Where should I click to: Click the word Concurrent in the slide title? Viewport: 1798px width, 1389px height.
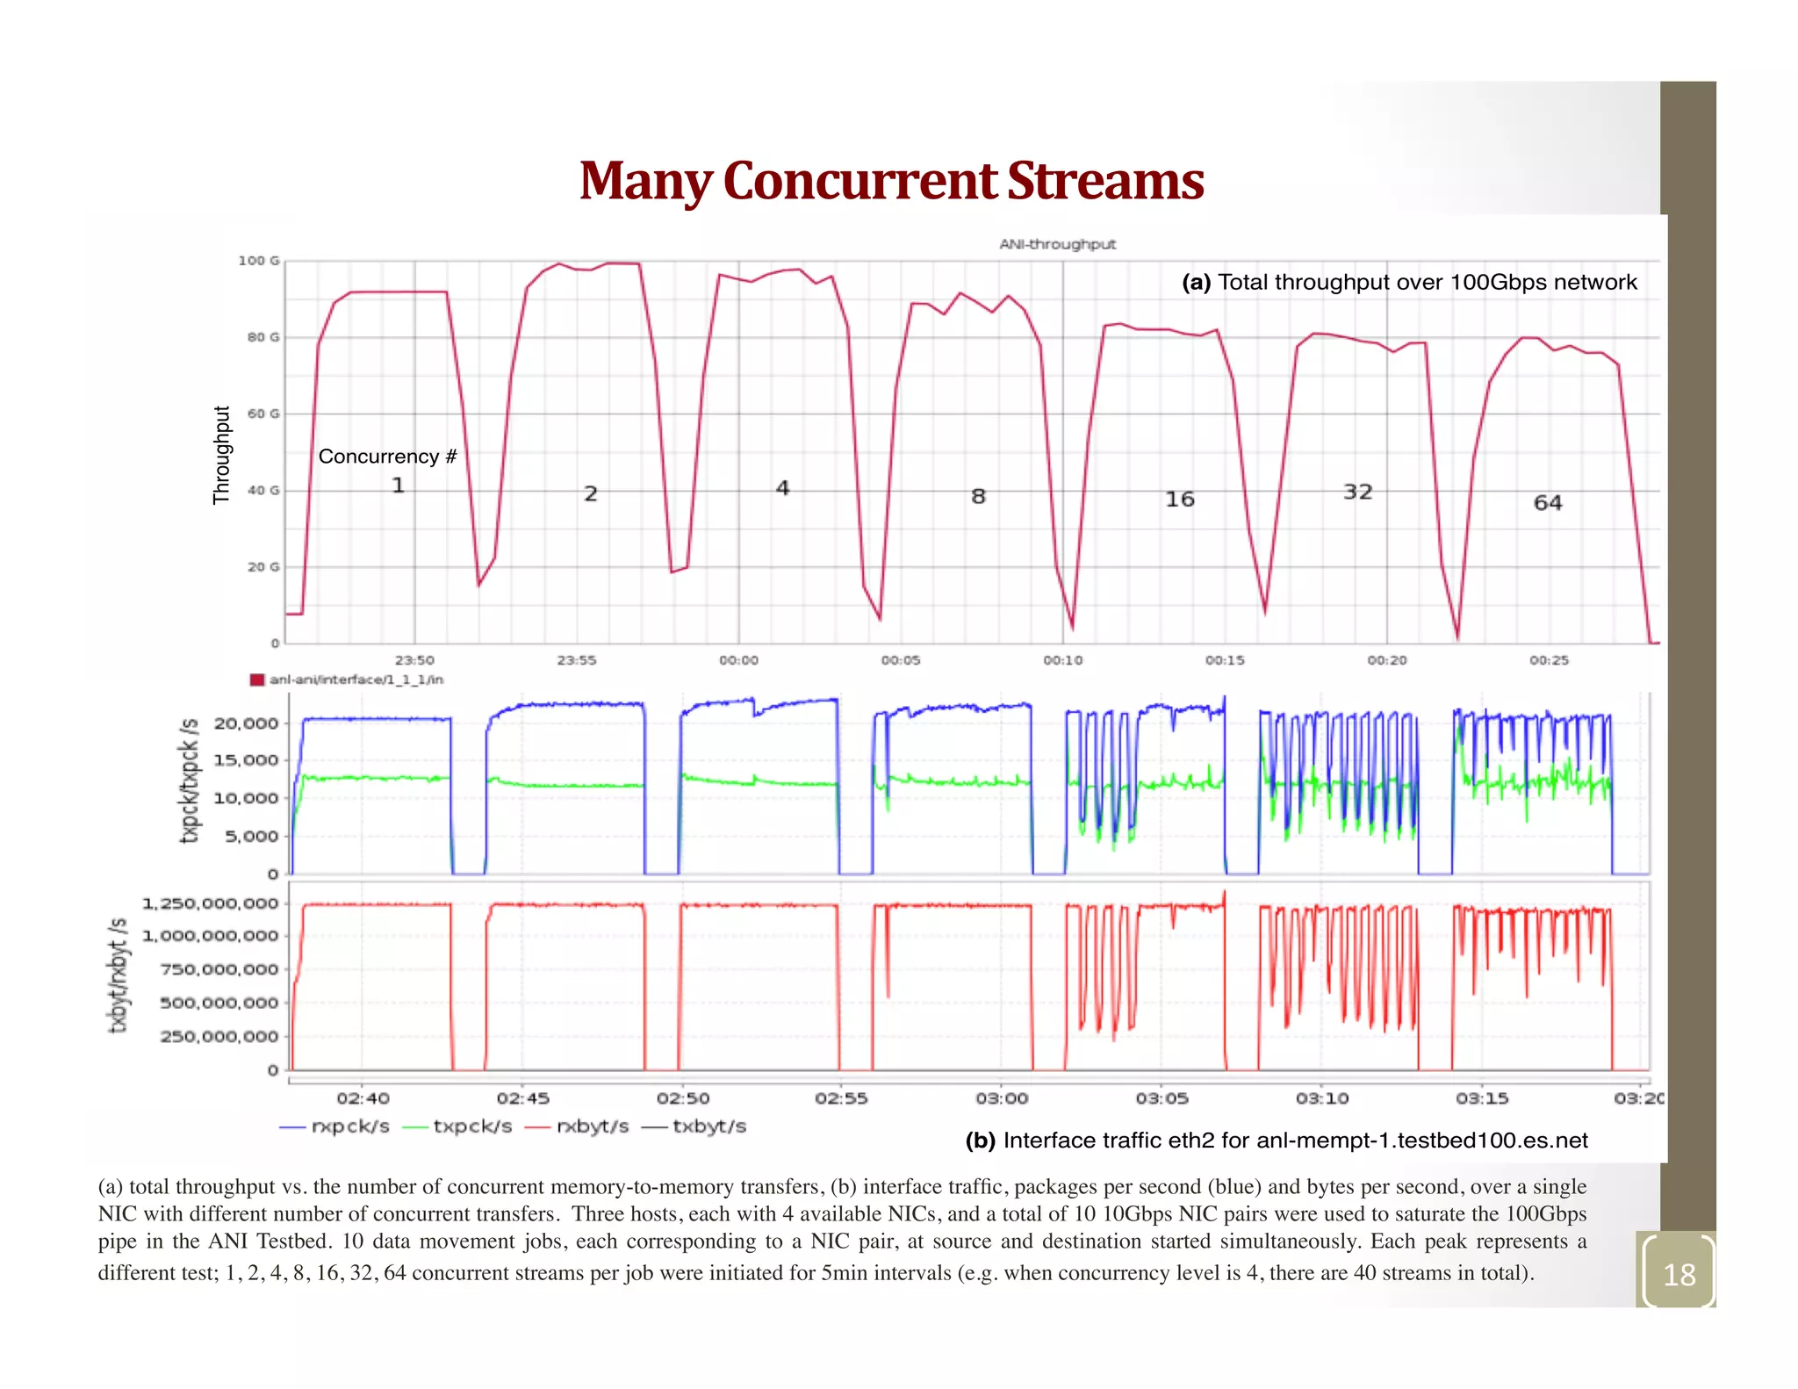[860, 182]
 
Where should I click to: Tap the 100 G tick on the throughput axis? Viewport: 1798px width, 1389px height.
[259, 261]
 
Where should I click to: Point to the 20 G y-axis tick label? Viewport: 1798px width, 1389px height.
[263, 567]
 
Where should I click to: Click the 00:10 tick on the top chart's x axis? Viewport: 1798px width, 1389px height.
[1062, 660]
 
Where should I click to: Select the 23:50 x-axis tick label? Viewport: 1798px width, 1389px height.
[414, 660]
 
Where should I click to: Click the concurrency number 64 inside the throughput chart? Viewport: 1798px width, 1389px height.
[1547, 503]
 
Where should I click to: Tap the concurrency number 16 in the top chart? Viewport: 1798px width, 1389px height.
[1179, 500]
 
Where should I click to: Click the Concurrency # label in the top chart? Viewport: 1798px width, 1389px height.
[387, 457]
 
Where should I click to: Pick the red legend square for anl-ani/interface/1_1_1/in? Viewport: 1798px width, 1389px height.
[256, 680]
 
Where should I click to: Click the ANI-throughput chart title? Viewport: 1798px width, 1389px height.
[1057, 244]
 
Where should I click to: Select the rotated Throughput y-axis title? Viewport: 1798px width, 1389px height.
[221, 455]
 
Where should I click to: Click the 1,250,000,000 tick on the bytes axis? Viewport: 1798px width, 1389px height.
[210, 903]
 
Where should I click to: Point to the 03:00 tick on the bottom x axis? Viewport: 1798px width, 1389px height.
[1001, 1098]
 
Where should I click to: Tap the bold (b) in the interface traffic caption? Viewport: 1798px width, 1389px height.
[980, 1141]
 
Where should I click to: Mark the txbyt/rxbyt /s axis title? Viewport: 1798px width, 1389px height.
[118, 975]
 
